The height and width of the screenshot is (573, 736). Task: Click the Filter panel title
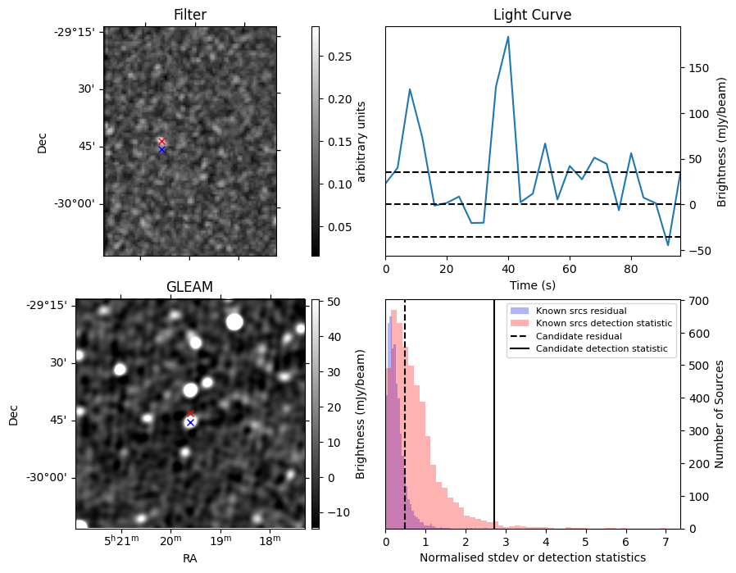[190, 15]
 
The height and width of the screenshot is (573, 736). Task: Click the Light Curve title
[532, 15]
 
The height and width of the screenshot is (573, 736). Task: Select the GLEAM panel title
[189, 287]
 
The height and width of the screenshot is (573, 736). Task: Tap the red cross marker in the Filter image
[161, 141]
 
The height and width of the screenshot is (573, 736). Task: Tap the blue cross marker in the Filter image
[161, 149]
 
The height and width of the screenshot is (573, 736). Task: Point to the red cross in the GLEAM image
[191, 414]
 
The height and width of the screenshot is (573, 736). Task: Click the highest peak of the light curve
[508, 36]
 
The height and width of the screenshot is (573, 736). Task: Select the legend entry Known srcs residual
[580, 312]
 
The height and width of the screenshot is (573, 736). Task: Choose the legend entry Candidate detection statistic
[601, 349]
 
